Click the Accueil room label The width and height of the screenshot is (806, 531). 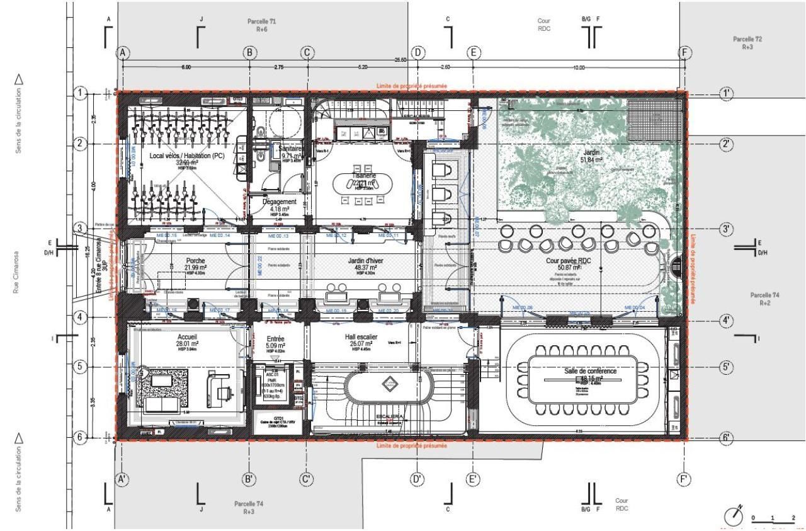click(188, 336)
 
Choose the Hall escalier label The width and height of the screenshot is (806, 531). click(361, 337)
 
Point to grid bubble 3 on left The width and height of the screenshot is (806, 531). click(80, 228)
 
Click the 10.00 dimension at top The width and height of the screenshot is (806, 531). click(579, 67)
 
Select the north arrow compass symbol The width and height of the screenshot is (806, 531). click(733, 515)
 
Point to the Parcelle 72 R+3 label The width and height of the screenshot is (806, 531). click(747, 42)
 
